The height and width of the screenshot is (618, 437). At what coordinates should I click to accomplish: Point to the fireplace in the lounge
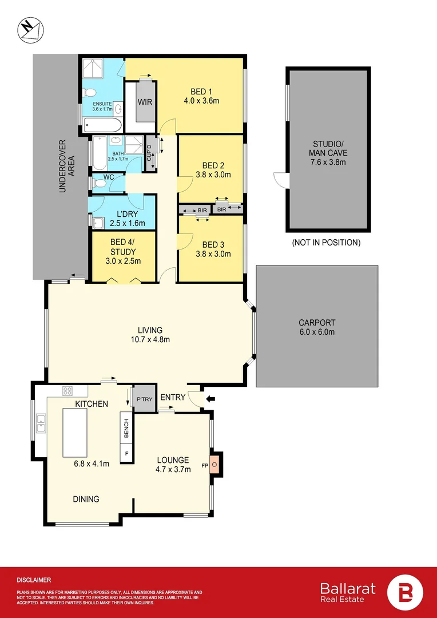tap(214, 465)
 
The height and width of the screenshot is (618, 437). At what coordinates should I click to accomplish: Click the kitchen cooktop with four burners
tap(67, 392)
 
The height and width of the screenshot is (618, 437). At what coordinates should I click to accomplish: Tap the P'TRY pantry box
tap(142, 399)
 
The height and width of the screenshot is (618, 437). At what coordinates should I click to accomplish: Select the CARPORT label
tap(316, 323)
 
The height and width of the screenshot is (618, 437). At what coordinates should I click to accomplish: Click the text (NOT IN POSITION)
tap(326, 243)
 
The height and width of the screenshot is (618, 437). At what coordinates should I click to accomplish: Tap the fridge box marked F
tap(126, 454)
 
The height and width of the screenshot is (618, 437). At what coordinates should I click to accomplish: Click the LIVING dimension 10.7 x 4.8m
tap(150, 339)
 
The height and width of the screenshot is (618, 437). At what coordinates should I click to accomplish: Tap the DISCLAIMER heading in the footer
tap(34, 580)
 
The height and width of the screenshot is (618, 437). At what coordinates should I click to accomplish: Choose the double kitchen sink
tap(41, 423)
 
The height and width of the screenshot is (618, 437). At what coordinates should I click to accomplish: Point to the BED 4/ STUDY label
tap(123, 247)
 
